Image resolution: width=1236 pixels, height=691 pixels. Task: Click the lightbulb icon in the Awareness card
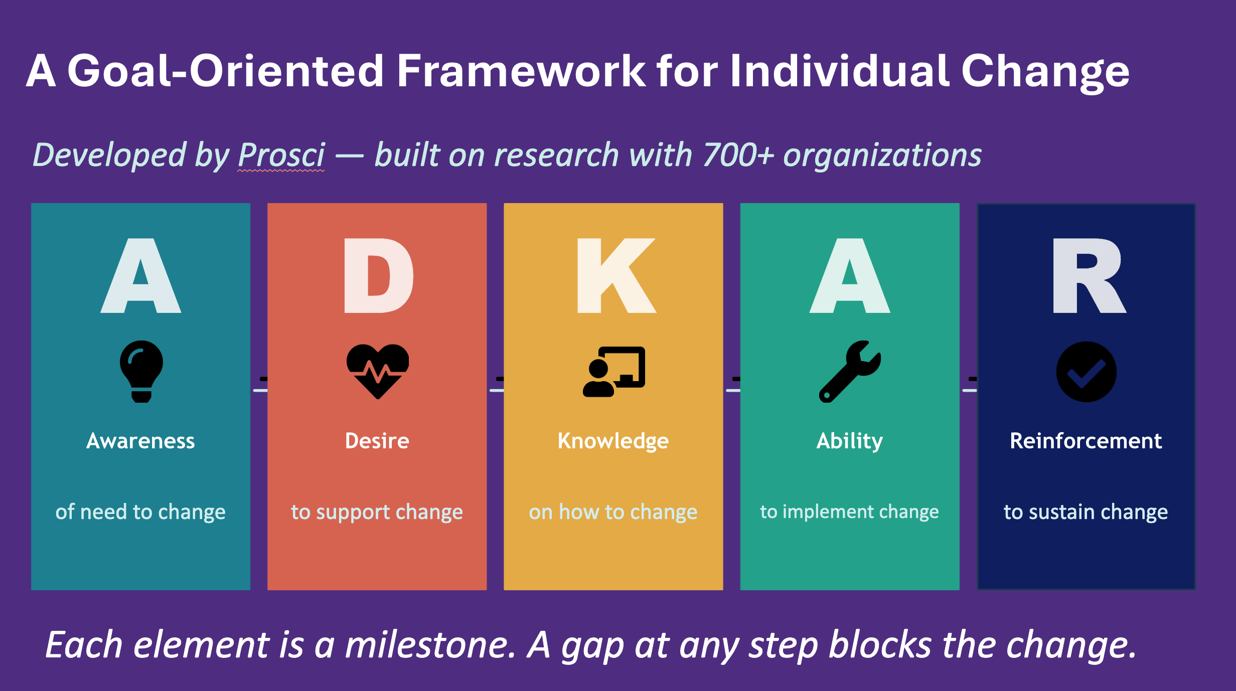(x=141, y=372)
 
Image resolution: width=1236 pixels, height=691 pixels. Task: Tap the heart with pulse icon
(x=378, y=371)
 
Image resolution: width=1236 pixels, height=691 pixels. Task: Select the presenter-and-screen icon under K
(x=614, y=372)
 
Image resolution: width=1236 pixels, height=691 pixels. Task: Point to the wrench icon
(x=850, y=372)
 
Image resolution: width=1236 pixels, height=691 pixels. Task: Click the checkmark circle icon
(x=1087, y=372)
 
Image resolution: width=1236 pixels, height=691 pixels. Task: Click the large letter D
(x=379, y=276)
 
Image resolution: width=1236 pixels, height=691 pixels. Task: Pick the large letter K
(x=616, y=276)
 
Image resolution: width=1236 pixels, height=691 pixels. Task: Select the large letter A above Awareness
(x=141, y=276)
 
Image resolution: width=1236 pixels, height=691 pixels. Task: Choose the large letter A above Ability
(x=850, y=276)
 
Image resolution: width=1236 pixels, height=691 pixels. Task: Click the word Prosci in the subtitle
(x=281, y=155)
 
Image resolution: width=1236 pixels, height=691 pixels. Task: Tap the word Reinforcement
(x=1086, y=441)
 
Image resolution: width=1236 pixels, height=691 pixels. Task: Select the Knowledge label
(x=613, y=442)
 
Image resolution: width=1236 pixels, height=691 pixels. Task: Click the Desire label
(x=377, y=441)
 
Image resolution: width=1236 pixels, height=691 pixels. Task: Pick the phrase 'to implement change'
(x=849, y=512)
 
